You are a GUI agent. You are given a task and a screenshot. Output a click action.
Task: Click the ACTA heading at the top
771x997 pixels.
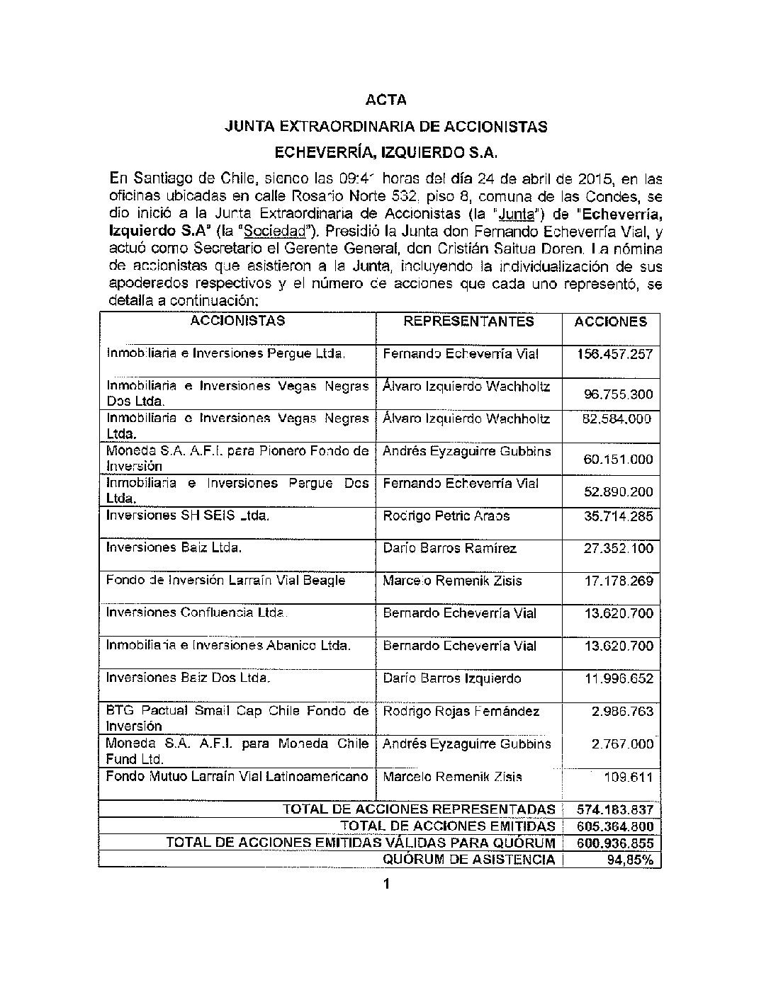tap(385, 100)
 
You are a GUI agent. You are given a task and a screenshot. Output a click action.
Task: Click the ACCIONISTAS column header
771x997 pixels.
tap(237, 321)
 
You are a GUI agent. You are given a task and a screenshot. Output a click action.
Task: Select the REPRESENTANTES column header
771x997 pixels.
tap(468, 321)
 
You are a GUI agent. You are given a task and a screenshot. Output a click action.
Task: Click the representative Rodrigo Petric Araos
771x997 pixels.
tap(446, 515)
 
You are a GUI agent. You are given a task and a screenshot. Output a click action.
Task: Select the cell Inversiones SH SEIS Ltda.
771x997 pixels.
tap(187, 515)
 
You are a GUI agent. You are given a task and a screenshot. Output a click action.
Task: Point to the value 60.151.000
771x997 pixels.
tap(618, 460)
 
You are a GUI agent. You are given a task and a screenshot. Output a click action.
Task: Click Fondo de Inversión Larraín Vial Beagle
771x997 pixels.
tap(225, 581)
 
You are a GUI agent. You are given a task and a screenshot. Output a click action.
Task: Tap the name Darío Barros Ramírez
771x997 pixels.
tap(449, 548)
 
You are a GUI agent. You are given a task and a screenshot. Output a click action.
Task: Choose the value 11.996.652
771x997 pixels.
tap(618, 679)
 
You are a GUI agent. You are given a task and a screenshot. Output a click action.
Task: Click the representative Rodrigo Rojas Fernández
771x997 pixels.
tap(461, 711)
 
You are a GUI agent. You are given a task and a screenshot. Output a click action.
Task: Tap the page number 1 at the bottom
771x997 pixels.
tap(386, 884)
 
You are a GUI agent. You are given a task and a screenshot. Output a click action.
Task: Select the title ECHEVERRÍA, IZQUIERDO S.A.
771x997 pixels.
tap(385, 152)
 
